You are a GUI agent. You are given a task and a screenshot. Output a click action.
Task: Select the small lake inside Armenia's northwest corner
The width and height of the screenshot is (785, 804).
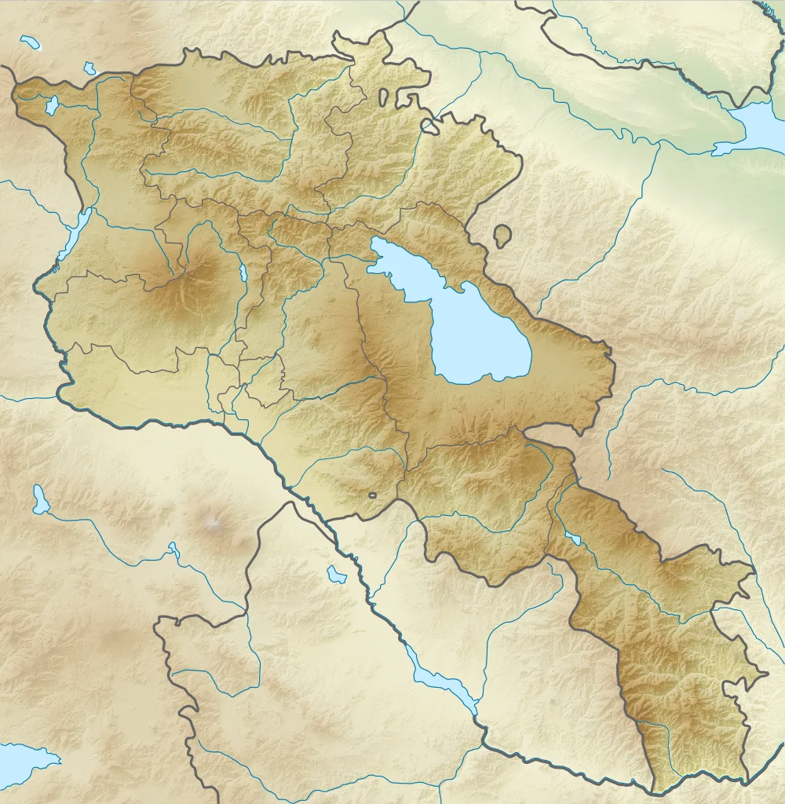[52, 105]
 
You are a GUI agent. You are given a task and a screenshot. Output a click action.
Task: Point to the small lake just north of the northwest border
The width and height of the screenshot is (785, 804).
[89, 69]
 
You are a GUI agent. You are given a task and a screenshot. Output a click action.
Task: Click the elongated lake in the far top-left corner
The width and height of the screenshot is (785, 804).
[31, 42]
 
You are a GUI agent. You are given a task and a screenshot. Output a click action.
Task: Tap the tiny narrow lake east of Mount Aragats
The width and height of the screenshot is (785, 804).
[244, 273]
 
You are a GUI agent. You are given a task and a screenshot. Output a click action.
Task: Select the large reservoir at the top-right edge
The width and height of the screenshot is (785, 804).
[758, 126]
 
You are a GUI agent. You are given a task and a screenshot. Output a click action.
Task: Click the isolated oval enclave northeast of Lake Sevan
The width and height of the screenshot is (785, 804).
[501, 235]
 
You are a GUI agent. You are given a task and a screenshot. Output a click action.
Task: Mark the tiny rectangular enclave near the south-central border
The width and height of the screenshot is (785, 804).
[372, 495]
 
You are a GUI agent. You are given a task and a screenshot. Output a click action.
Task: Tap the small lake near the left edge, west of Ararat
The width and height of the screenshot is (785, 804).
[39, 499]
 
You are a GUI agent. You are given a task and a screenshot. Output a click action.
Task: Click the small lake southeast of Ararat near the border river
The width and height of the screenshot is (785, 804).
[337, 574]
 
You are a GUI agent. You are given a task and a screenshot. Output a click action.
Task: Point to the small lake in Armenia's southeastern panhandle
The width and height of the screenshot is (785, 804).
[574, 539]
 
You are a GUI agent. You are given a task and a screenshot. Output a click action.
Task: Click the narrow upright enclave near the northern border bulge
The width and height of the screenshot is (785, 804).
[382, 97]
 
